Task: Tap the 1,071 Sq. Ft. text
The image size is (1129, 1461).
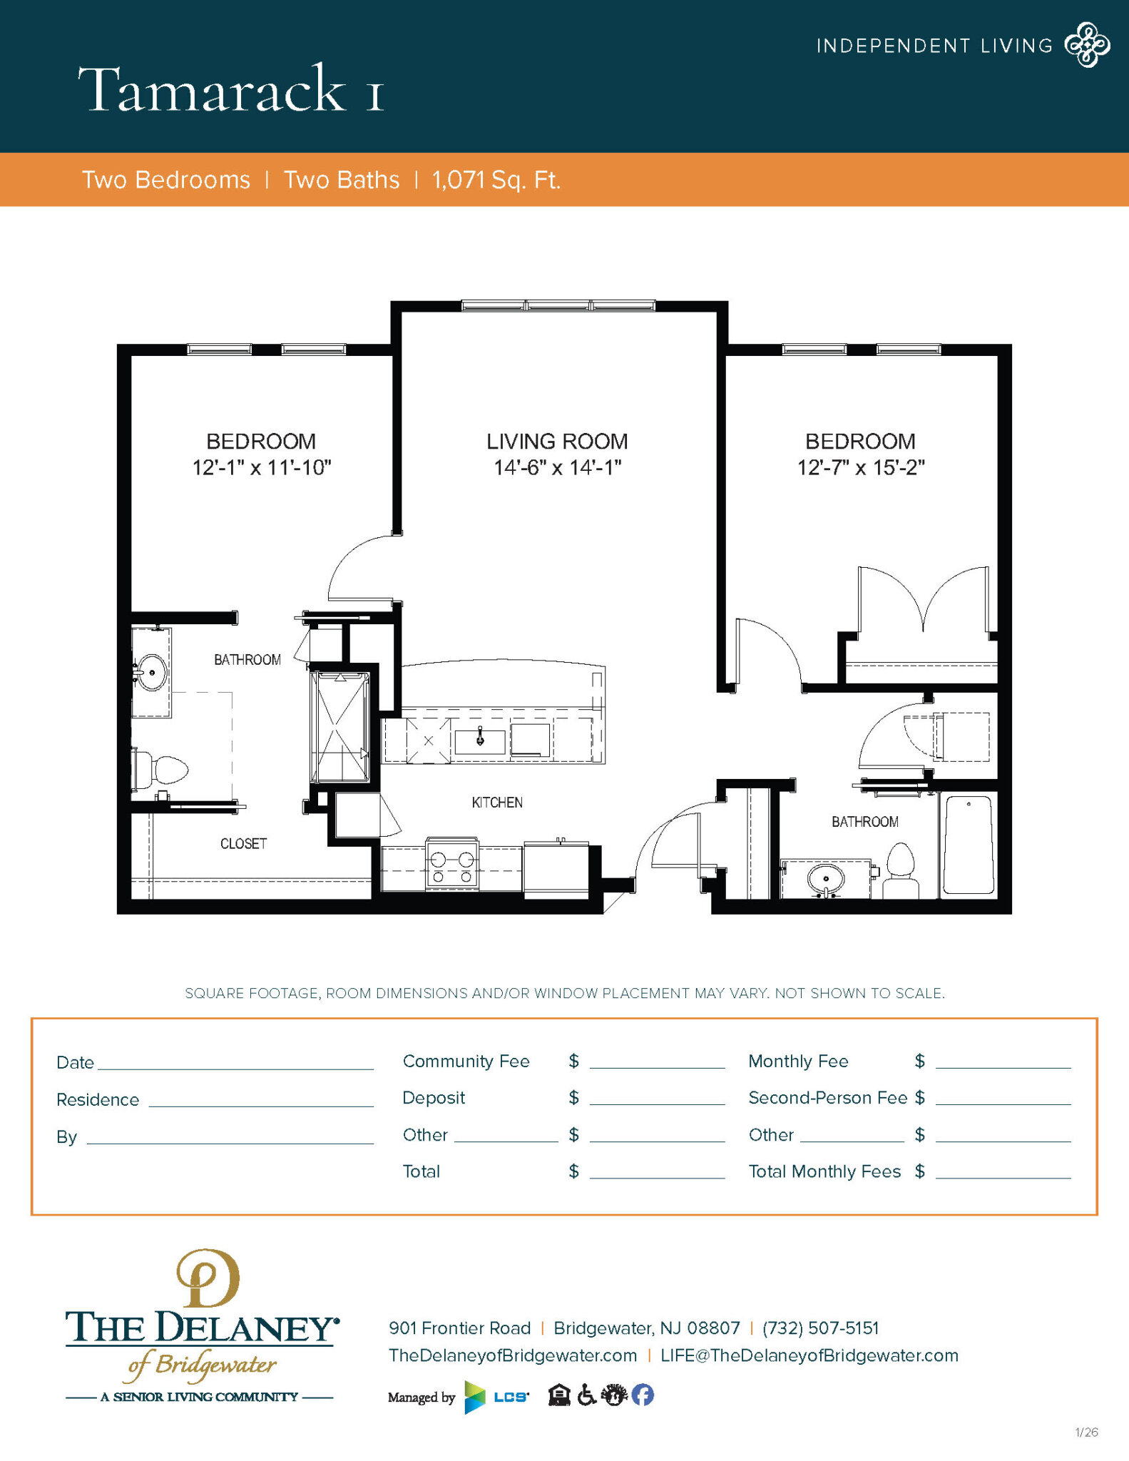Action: (496, 180)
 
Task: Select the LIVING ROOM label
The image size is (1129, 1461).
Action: (557, 442)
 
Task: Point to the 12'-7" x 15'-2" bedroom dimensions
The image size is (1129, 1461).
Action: (860, 468)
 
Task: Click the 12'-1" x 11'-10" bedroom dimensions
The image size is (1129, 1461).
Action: (262, 468)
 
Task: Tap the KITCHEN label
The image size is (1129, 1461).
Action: (497, 803)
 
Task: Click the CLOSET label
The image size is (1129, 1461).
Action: (243, 844)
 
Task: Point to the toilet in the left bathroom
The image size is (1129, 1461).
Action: (163, 770)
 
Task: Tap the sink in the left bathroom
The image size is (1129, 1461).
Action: (152, 673)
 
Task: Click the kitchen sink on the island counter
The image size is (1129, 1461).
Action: (480, 741)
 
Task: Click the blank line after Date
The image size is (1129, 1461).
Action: (235, 1063)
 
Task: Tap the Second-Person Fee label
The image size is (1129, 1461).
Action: (827, 1098)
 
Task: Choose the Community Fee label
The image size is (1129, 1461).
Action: (466, 1062)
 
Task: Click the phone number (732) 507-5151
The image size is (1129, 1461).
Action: (820, 1328)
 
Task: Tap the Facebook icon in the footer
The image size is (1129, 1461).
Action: (643, 1395)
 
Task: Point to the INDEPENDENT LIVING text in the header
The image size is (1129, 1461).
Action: (934, 46)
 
